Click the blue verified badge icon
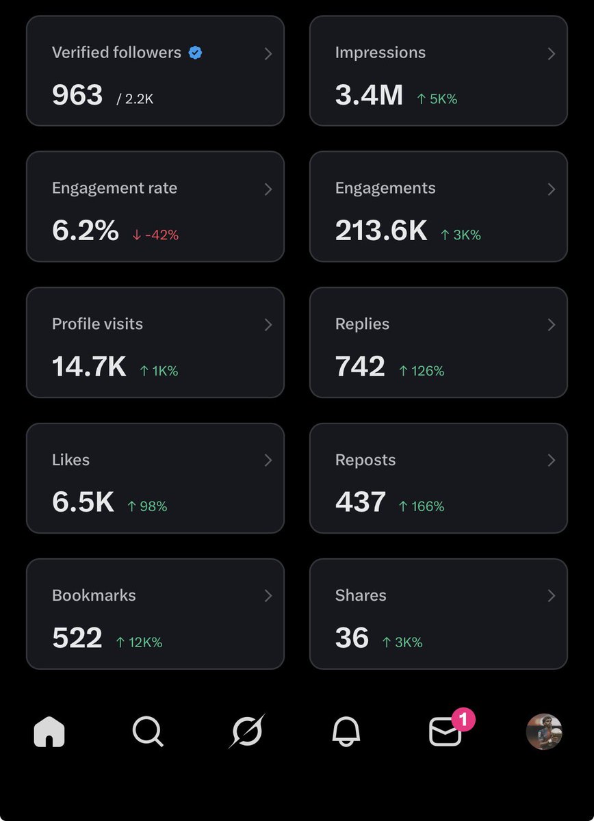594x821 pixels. pos(195,53)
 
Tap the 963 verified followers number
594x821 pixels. pos(77,95)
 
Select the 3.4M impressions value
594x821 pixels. pos(369,95)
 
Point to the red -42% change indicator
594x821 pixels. pos(155,235)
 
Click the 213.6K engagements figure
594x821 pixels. pos(381,231)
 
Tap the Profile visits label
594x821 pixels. pos(97,324)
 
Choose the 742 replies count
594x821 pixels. pos(360,367)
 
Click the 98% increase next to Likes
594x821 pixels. pos(147,506)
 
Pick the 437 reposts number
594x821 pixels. pos(361,502)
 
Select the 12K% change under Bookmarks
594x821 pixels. pos(139,642)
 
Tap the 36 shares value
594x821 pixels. pos(352,638)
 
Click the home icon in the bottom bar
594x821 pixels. pos(49,733)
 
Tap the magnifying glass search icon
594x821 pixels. pos(148,732)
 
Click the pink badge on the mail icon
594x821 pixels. pos(463,720)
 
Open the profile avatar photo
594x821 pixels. pos(544,732)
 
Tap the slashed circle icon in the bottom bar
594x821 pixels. pos(246,731)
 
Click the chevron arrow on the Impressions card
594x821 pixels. pos(551,53)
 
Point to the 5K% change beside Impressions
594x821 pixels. pos(437,99)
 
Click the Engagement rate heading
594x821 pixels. pos(114,188)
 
